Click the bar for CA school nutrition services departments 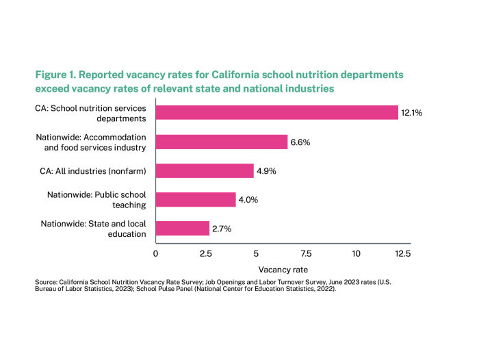[x=276, y=112]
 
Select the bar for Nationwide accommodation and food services [x=222, y=142]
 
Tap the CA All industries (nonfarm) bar [x=205, y=170]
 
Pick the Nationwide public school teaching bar [x=196, y=199]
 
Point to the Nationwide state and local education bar [x=183, y=228]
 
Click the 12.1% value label [x=413, y=112]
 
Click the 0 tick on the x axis [x=156, y=253]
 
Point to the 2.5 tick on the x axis [x=206, y=253]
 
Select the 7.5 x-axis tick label [x=306, y=253]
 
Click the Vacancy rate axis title [x=281, y=270]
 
